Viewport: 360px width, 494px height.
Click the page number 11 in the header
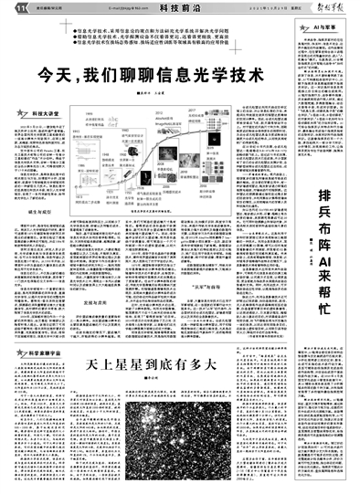click(x=8, y=7)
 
